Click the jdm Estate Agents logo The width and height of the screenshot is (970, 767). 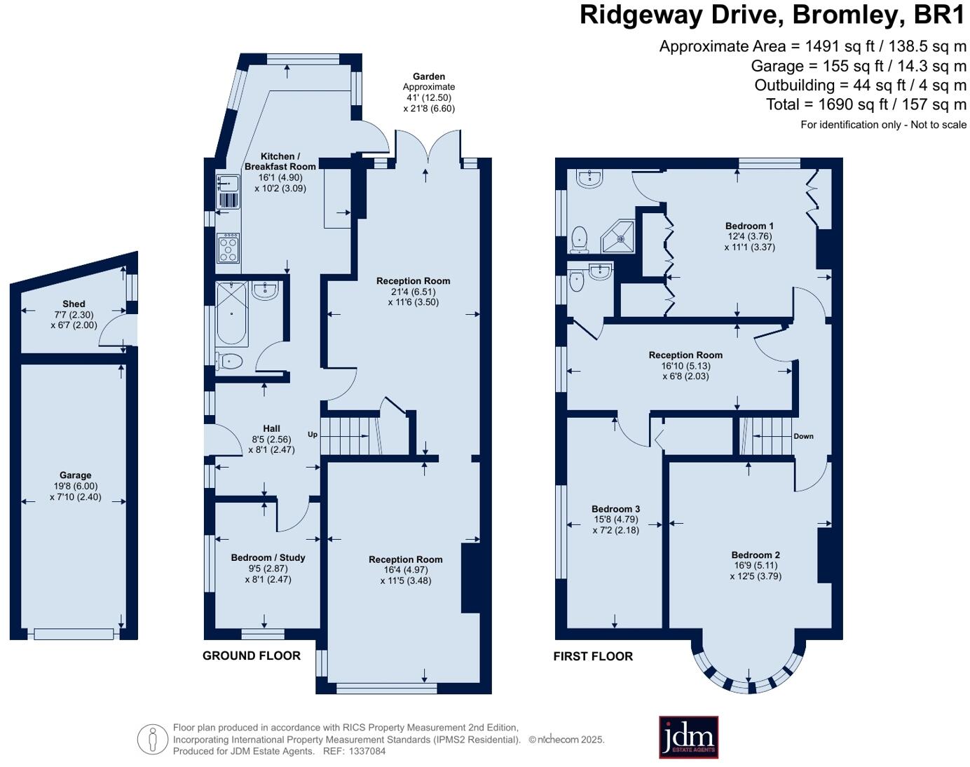tap(688, 737)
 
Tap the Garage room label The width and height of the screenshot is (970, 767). tap(75, 475)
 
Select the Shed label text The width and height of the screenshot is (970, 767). tap(74, 304)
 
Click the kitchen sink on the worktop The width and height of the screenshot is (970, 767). tap(228, 183)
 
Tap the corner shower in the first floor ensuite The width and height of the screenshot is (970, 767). tap(620, 237)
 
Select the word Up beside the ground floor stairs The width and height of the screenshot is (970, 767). tap(313, 435)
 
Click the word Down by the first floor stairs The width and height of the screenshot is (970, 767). tap(803, 436)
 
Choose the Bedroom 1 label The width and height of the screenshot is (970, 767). tap(749, 226)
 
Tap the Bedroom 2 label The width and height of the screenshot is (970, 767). tap(756, 555)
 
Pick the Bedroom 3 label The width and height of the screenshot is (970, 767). tap(615, 509)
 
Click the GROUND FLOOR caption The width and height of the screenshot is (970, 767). tap(252, 656)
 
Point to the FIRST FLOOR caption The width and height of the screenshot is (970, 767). tap(593, 656)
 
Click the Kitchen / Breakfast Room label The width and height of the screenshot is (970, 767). tap(280, 161)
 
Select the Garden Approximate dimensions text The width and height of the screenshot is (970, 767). tap(429, 93)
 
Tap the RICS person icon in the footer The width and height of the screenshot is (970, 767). tap(152, 739)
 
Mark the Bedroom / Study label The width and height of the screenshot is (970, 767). tap(268, 557)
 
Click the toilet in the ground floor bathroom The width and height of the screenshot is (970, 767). tap(229, 362)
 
